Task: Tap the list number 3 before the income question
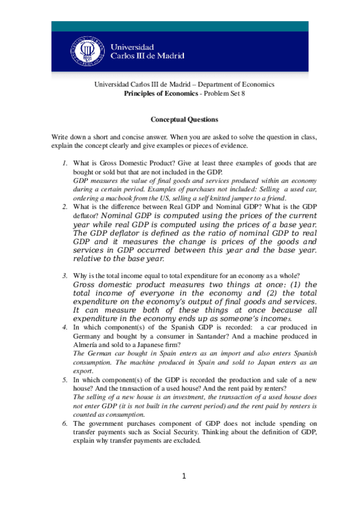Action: [x=65, y=275]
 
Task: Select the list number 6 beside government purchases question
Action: [x=65, y=423]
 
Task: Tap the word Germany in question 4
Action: [x=88, y=336]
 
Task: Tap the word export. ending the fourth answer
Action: [x=82, y=372]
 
